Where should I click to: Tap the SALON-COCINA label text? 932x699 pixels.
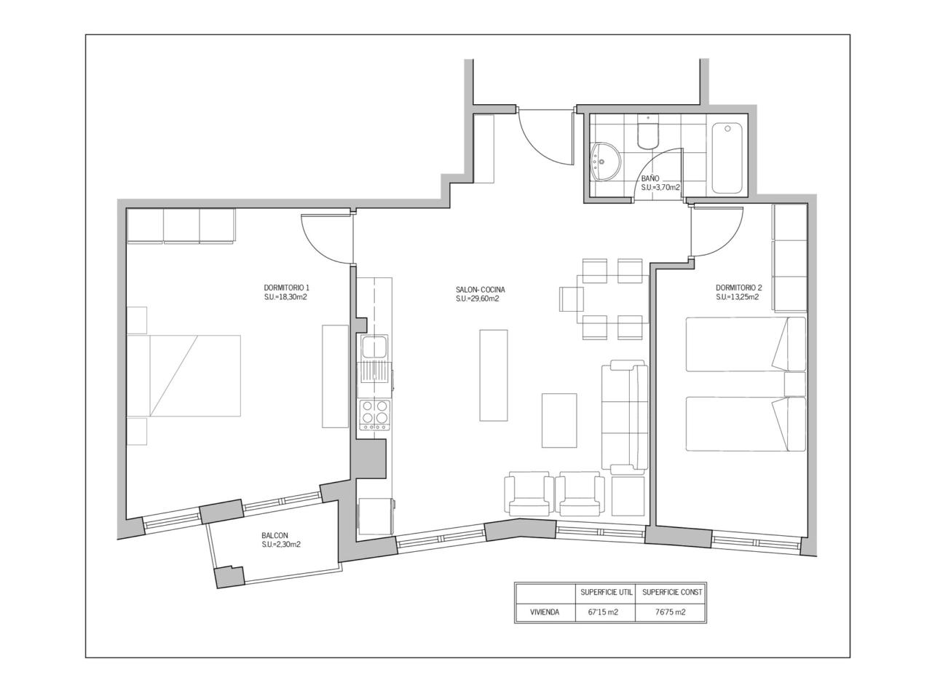click(481, 290)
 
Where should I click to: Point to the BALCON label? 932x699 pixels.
click(275, 536)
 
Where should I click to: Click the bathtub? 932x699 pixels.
click(727, 158)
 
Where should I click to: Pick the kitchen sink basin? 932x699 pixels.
click(374, 347)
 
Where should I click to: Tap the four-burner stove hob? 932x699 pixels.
click(374, 414)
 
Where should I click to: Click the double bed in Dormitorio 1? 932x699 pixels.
click(184, 376)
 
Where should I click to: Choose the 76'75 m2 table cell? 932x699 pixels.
click(670, 612)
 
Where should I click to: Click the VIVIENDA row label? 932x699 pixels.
click(545, 612)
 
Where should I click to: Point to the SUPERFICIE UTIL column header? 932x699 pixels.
click(607, 592)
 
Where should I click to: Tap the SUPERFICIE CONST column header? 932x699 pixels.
click(672, 592)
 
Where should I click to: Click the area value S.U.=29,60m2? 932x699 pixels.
click(477, 299)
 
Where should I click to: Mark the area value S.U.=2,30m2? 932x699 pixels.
click(281, 545)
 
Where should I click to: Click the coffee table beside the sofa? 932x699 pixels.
click(558, 420)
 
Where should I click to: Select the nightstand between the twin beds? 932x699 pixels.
click(795, 384)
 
